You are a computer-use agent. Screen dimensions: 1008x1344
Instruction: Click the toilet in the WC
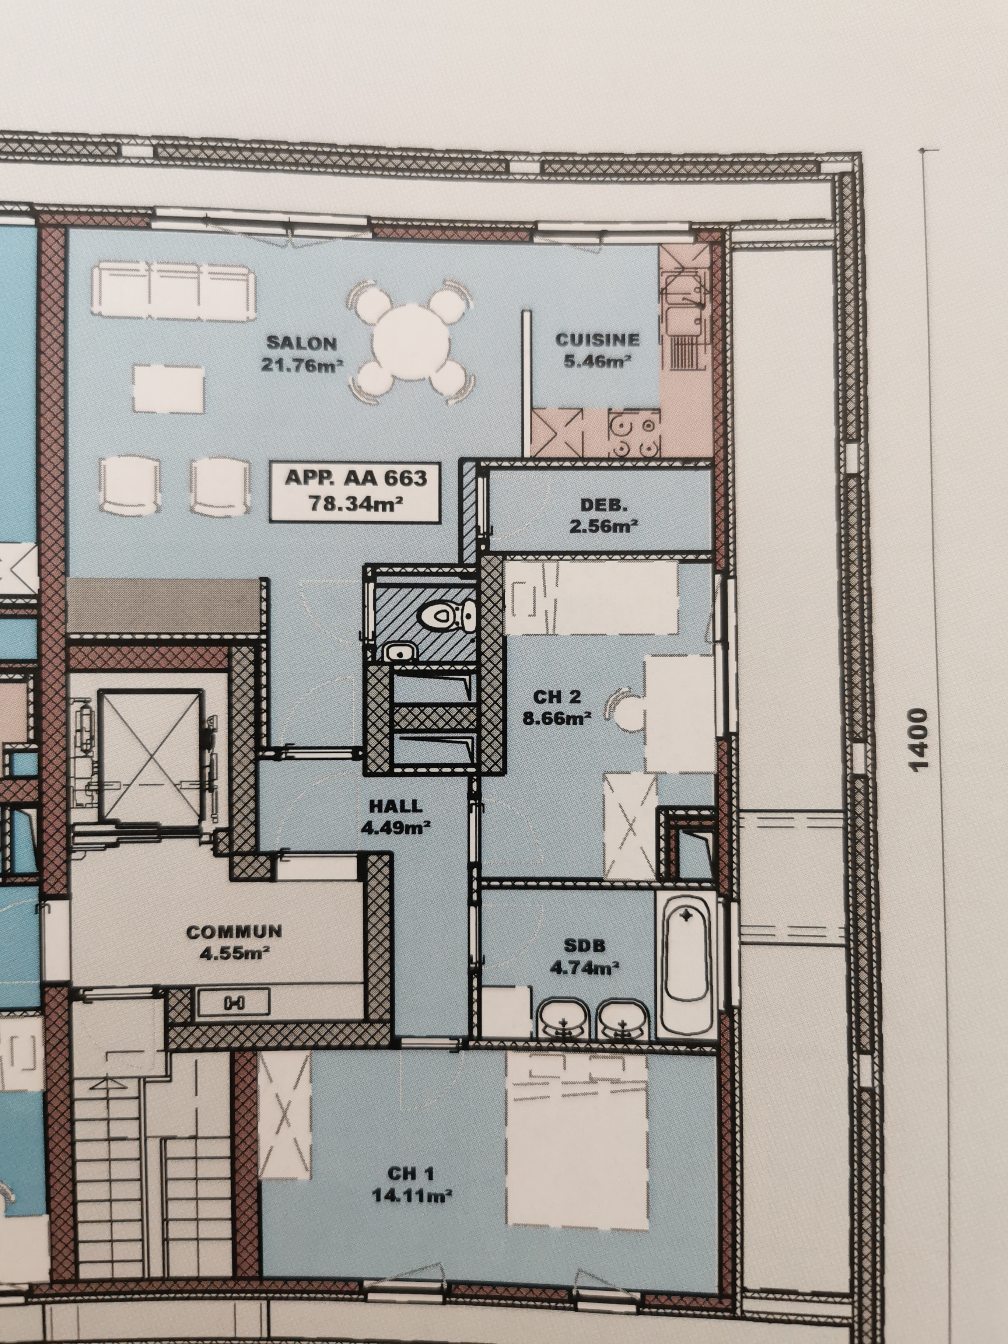[x=449, y=616]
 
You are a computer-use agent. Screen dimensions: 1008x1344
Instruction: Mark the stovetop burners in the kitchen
[x=634, y=433]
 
